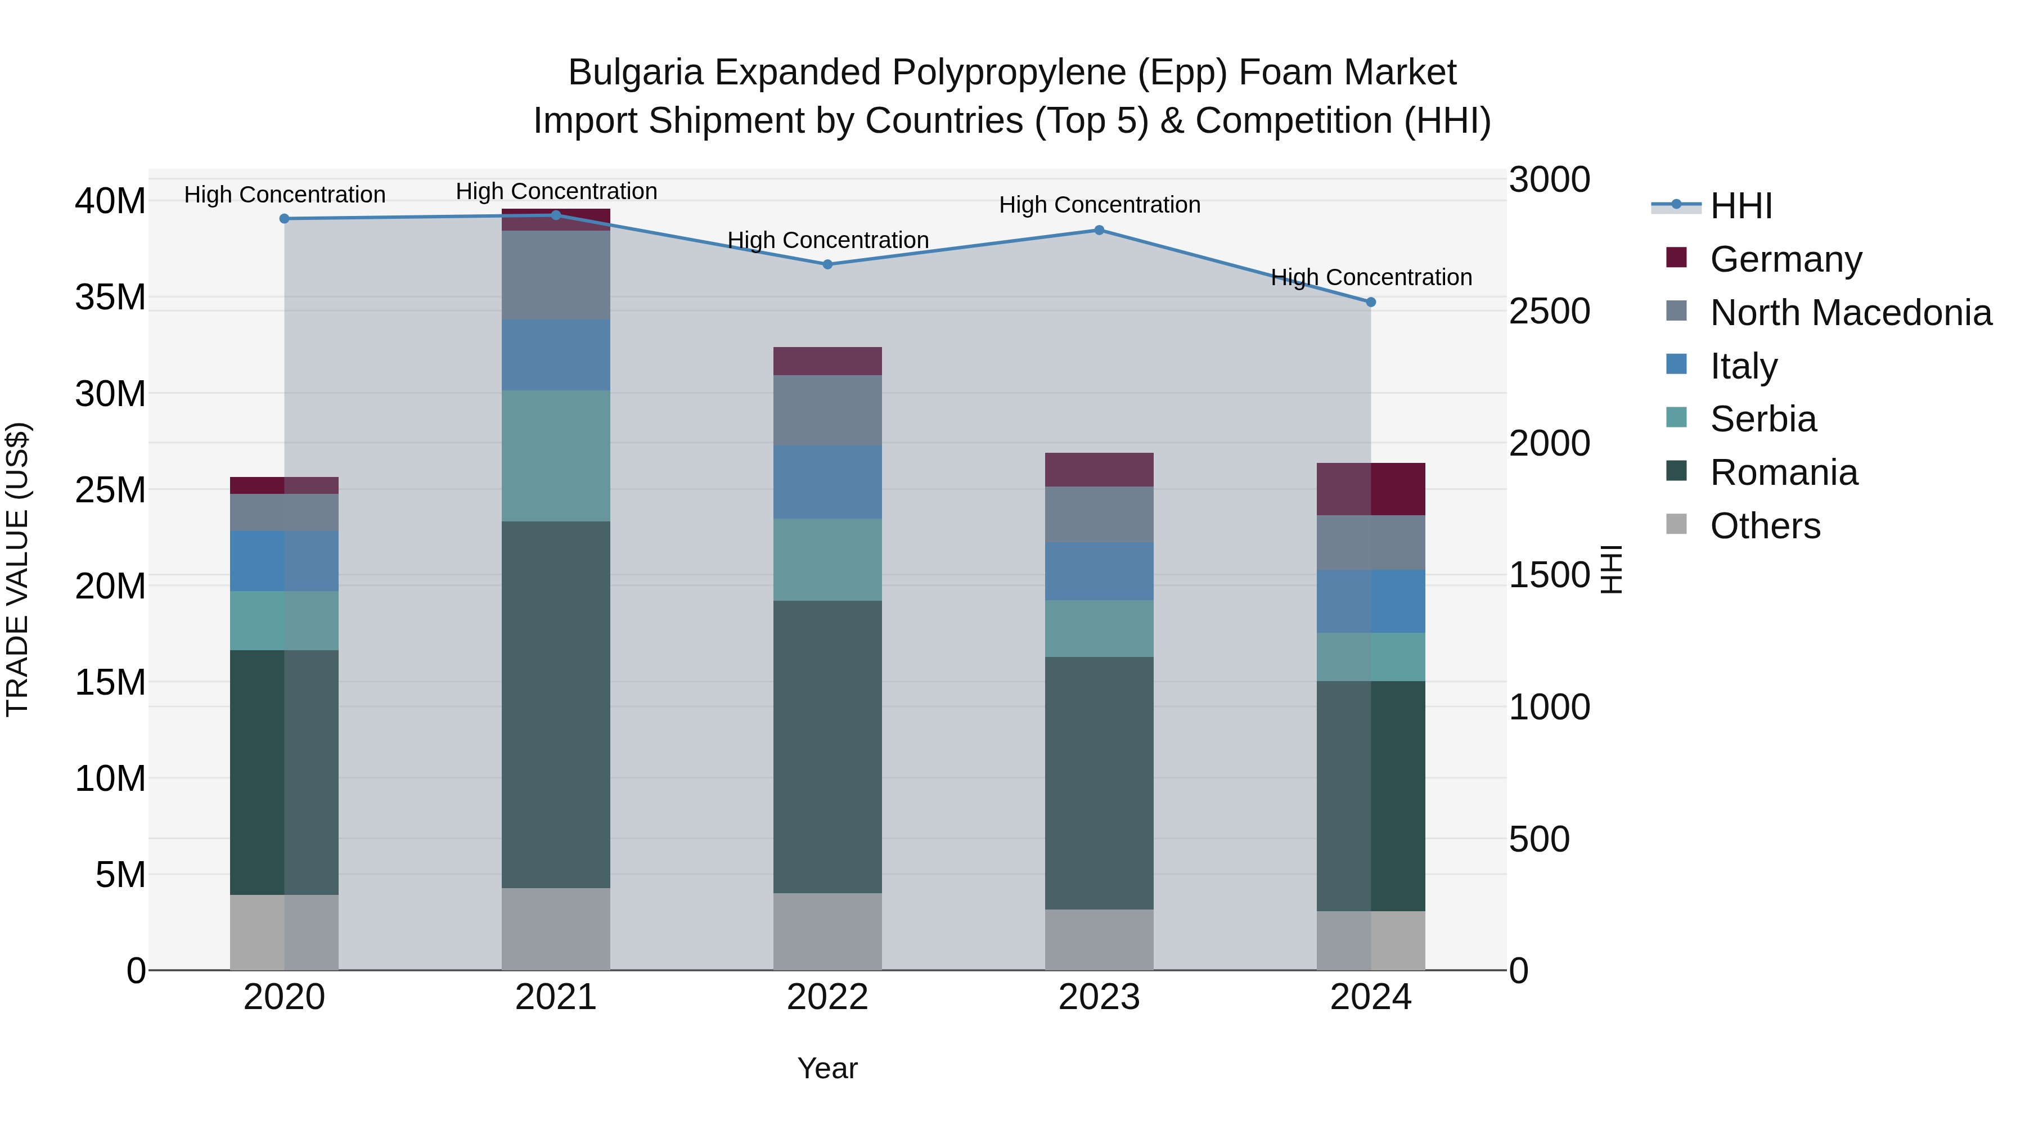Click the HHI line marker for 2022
(x=827, y=265)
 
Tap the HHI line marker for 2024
(x=1370, y=302)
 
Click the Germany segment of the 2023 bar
(x=1099, y=469)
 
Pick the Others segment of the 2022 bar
(x=827, y=931)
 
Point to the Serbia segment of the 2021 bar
(x=556, y=456)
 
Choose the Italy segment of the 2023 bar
(x=1099, y=571)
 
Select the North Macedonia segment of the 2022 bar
(x=827, y=411)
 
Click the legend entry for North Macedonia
(x=1849, y=313)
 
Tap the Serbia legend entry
(x=1762, y=419)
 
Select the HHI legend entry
(x=1740, y=206)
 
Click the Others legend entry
(x=1765, y=526)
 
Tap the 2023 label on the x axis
(x=1099, y=997)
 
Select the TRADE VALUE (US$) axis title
(x=17, y=569)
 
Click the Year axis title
(x=827, y=1068)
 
